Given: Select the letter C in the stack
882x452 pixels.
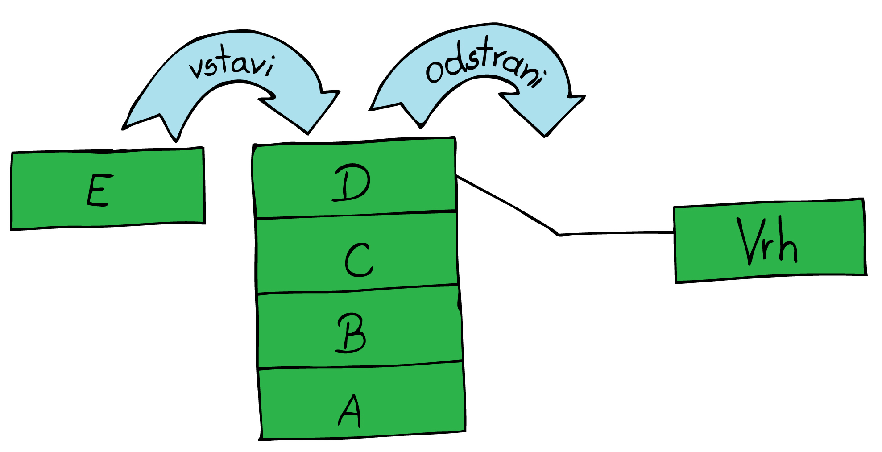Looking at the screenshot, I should (358, 260).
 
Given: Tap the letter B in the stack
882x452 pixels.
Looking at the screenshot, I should (351, 334).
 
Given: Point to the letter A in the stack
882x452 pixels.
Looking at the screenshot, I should (350, 411).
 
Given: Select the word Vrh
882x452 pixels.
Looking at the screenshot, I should (766, 241).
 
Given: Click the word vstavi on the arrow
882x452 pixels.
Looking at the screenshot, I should (232, 66).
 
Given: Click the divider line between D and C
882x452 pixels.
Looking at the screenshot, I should (357, 214).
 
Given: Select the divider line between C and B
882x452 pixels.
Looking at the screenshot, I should (357, 290).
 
